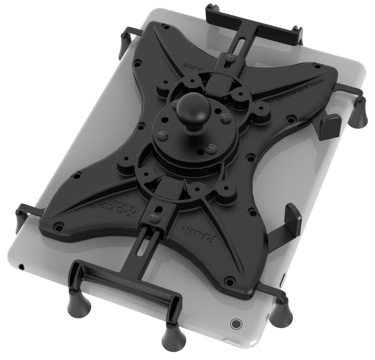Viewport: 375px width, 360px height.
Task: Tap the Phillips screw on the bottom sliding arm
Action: point(154,217)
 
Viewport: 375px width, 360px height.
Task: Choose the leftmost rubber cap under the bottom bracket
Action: point(75,302)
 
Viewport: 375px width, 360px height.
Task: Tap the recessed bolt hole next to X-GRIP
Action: point(59,226)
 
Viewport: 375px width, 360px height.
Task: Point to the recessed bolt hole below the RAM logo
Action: point(229,281)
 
